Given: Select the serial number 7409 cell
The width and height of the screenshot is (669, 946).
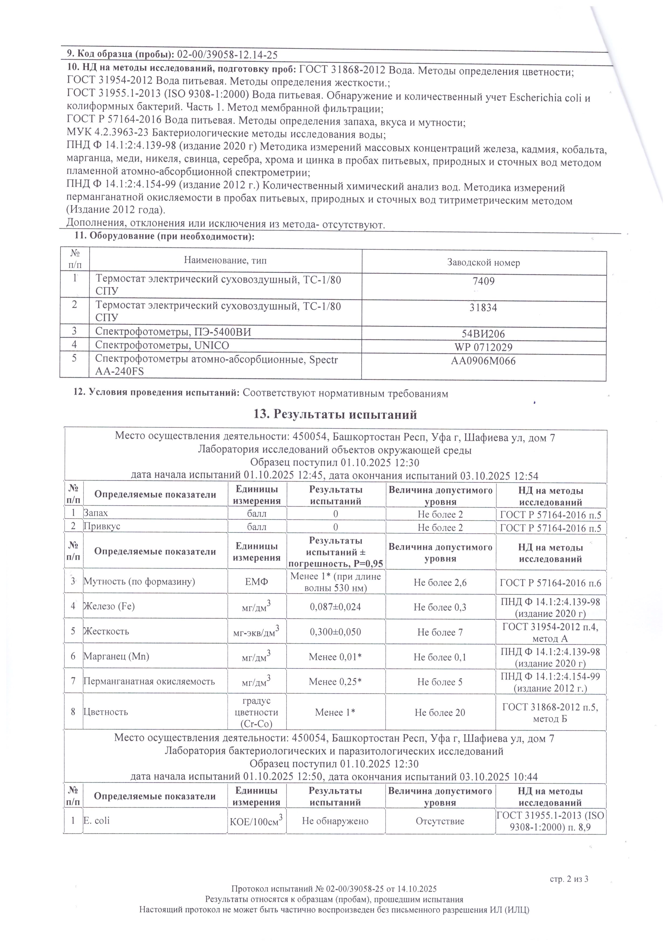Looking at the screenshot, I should point(484,282).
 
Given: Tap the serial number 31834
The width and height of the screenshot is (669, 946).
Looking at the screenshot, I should point(484,307).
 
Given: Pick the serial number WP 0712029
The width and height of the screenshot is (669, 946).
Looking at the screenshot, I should point(484,347).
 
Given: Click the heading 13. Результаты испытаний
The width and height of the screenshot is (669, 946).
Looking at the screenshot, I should point(335,414).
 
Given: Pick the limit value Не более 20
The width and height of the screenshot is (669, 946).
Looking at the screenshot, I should point(440,713).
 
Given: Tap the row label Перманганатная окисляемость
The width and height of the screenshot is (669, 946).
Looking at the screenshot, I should point(149,681).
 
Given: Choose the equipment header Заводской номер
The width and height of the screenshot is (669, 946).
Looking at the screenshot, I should point(484,262).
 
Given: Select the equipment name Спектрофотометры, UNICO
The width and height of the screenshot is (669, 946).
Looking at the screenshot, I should point(162,345).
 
